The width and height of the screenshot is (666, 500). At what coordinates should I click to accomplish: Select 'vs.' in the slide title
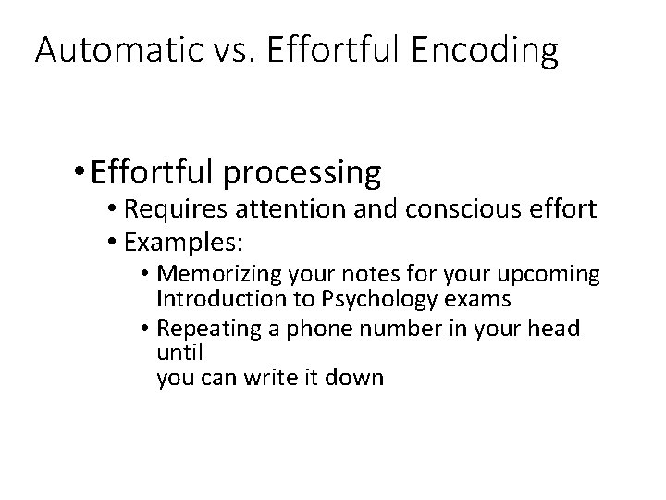(228, 52)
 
